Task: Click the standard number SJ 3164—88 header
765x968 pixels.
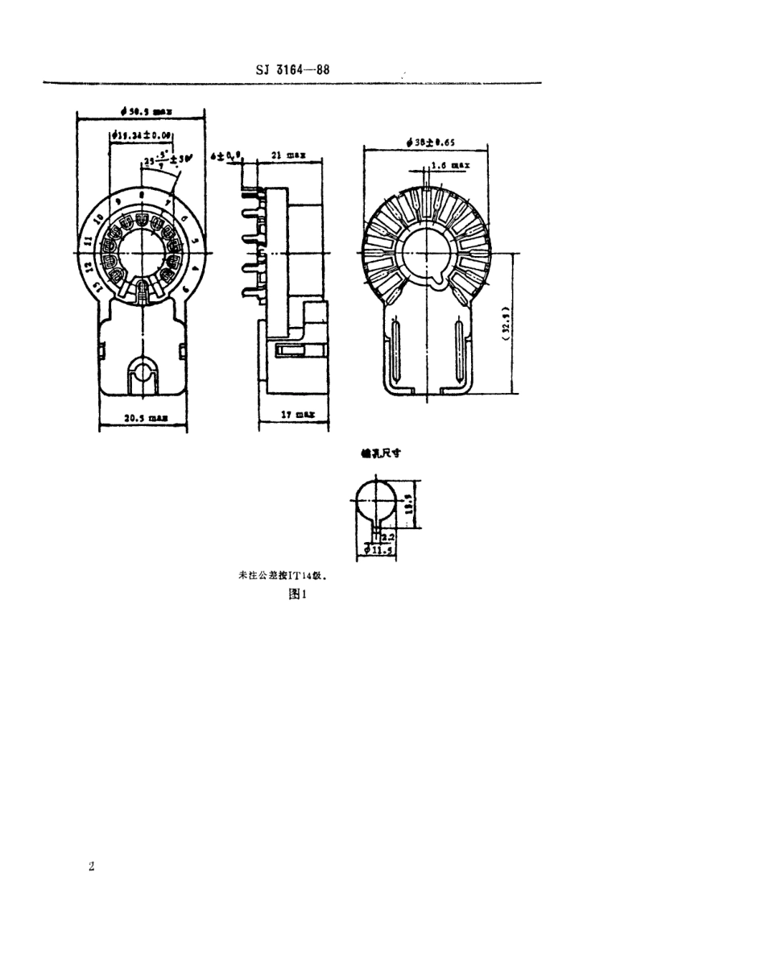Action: point(291,68)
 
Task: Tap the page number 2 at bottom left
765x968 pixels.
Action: point(91,867)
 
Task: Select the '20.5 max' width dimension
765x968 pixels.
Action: point(146,418)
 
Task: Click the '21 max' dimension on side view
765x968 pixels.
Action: point(285,154)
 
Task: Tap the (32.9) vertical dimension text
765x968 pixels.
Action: point(502,322)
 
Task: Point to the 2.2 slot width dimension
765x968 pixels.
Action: point(387,536)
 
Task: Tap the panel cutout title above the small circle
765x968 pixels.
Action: point(380,453)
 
